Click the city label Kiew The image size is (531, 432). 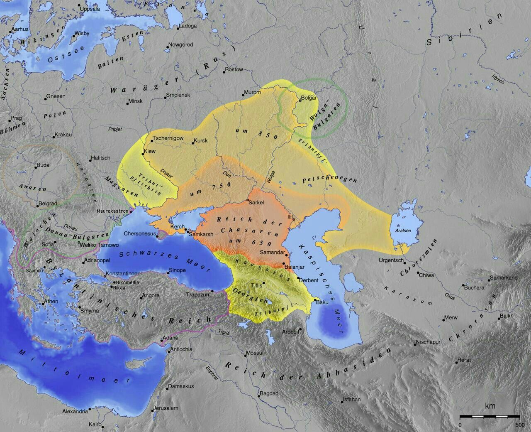click(x=150, y=151)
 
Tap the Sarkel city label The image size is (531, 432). click(x=256, y=202)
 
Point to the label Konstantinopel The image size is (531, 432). click(x=124, y=274)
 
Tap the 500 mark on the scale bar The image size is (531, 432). click(x=519, y=425)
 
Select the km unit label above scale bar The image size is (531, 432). click(x=490, y=406)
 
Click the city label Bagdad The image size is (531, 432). click(x=270, y=393)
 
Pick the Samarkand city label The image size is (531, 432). click(x=504, y=277)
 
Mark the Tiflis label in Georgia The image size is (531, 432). click(x=257, y=285)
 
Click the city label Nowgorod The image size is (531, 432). click(x=180, y=44)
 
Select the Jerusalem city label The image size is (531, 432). click(x=165, y=408)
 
